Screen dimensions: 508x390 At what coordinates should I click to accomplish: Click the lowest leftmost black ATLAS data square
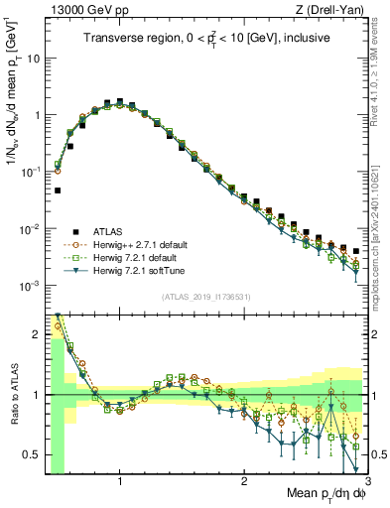tap(58, 190)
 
